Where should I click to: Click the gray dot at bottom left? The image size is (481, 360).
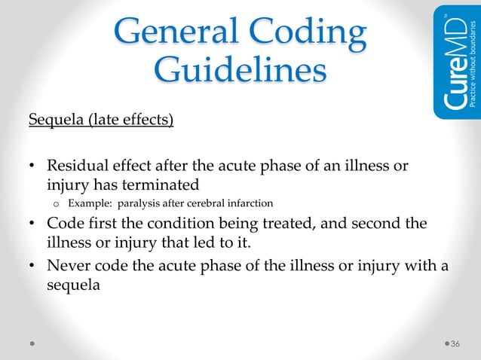tap(31, 343)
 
